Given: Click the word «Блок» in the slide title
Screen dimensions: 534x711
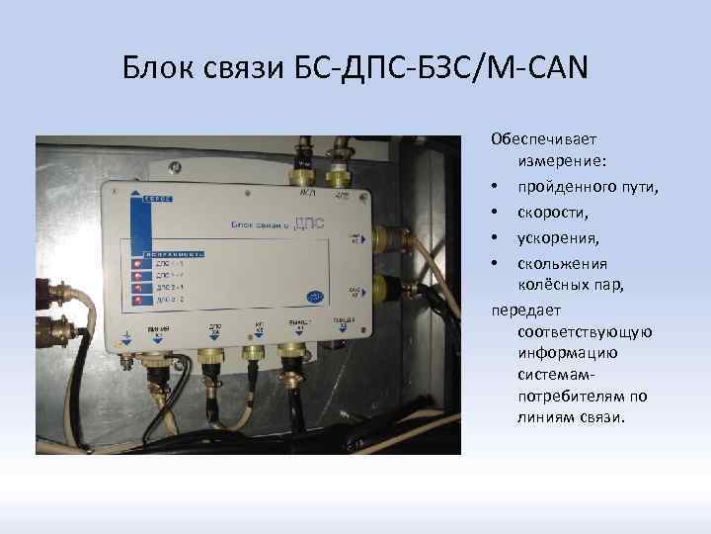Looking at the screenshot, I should pos(155,67).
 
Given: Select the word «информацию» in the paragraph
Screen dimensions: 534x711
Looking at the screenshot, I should pos(566,354).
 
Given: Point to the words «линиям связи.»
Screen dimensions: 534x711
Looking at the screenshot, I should pos(570,417).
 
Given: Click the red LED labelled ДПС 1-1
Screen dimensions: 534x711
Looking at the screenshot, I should pos(135,264).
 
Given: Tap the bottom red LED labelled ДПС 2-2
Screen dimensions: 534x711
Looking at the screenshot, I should pos(135,298).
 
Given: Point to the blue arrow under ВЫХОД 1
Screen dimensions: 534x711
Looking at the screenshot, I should pos(294,336).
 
